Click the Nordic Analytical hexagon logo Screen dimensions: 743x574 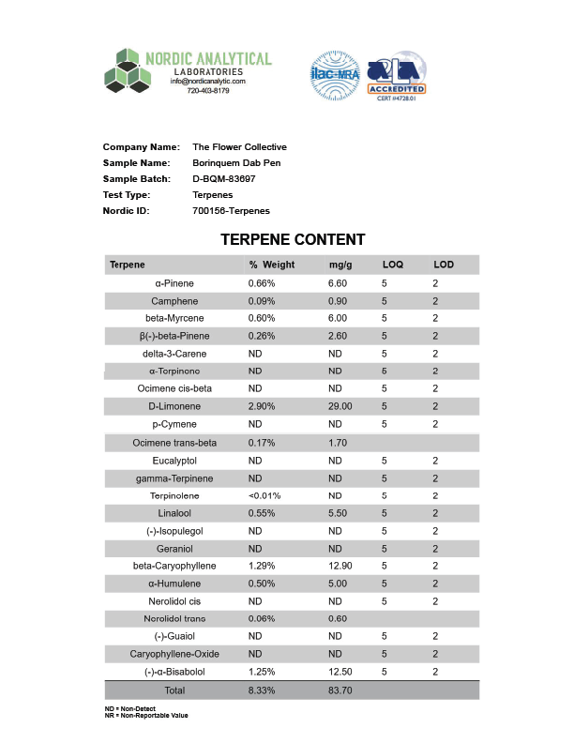coord(128,70)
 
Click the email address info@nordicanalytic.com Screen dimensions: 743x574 coord(207,82)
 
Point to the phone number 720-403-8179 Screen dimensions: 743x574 coord(208,91)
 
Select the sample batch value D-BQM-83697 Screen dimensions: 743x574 coord(224,178)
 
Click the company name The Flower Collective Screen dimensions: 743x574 coord(239,146)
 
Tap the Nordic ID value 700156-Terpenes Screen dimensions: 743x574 coord(231,210)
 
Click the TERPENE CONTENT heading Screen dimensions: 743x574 coord(293,240)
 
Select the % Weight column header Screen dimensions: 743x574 coord(272,265)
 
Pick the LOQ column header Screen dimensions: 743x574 coord(392,265)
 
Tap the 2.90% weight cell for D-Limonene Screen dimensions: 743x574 coord(262,406)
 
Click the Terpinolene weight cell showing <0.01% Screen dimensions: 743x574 coord(264,495)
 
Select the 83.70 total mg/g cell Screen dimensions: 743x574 coord(340,690)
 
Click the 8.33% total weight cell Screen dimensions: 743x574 coord(262,690)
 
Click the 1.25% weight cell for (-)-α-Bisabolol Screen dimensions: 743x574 coord(262,672)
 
